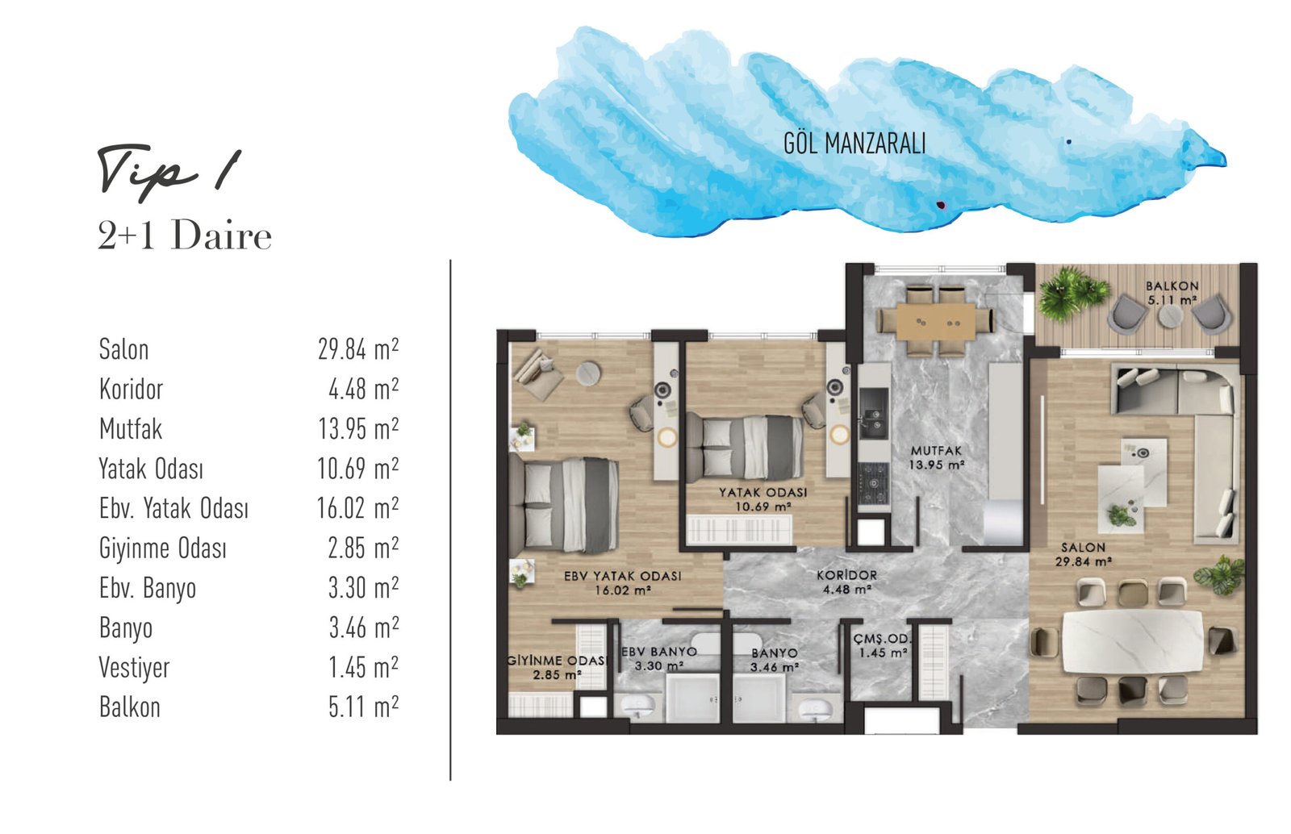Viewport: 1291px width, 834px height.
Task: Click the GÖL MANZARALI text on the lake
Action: pyautogui.click(x=854, y=144)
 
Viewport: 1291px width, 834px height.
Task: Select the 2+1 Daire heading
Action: pyautogui.click(x=185, y=236)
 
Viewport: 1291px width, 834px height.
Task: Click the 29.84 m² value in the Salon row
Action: pyautogui.click(x=358, y=349)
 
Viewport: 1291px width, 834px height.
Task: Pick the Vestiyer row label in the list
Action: pyautogui.click(x=134, y=668)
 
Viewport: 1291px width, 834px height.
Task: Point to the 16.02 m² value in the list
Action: pyautogui.click(x=357, y=508)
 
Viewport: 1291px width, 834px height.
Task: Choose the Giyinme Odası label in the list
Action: pyautogui.click(x=162, y=548)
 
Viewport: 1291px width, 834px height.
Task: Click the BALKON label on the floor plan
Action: pyautogui.click(x=1172, y=286)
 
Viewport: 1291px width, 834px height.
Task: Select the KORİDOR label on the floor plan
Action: pyautogui.click(x=846, y=575)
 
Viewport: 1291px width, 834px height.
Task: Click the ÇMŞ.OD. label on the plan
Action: pyautogui.click(x=883, y=640)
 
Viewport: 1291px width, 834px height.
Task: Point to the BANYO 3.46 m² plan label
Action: pyautogui.click(x=775, y=660)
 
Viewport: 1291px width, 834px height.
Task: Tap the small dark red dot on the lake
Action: pyautogui.click(x=941, y=205)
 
